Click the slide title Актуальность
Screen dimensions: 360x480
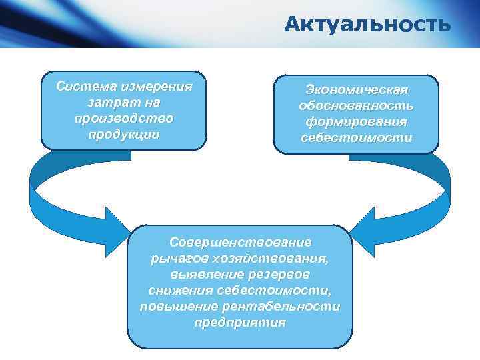[x=367, y=25]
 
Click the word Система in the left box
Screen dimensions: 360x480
[x=81, y=87]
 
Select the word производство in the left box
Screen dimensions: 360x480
[x=123, y=118]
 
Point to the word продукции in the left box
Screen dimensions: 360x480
[x=123, y=133]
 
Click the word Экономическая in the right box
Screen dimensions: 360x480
[x=356, y=90]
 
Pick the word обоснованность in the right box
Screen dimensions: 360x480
[x=356, y=106]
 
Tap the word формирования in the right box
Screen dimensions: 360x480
[x=356, y=122]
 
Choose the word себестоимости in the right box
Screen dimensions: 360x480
[x=356, y=138]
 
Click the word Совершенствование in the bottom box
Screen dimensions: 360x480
[x=240, y=242]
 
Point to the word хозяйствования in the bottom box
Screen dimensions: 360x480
[x=269, y=258]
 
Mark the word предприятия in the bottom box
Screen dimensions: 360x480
[x=240, y=322]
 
